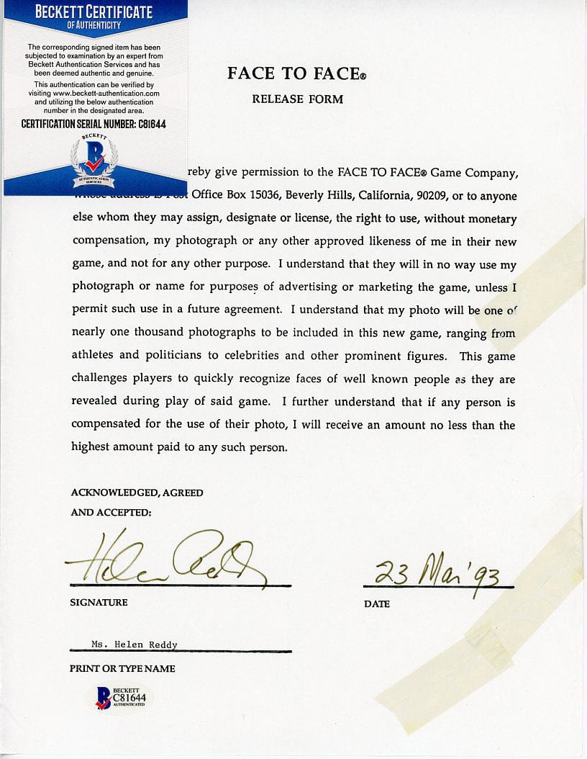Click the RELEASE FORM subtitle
click(297, 99)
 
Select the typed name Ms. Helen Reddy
click(135, 645)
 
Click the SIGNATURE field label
click(99, 602)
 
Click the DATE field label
click(377, 603)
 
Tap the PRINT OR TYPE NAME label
click(122, 668)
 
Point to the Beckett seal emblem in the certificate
click(94, 160)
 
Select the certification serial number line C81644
click(94, 124)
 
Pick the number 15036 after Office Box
click(263, 196)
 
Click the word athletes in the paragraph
click(95, 356)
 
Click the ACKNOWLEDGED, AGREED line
click(137, 493)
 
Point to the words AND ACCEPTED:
click(111, 513)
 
